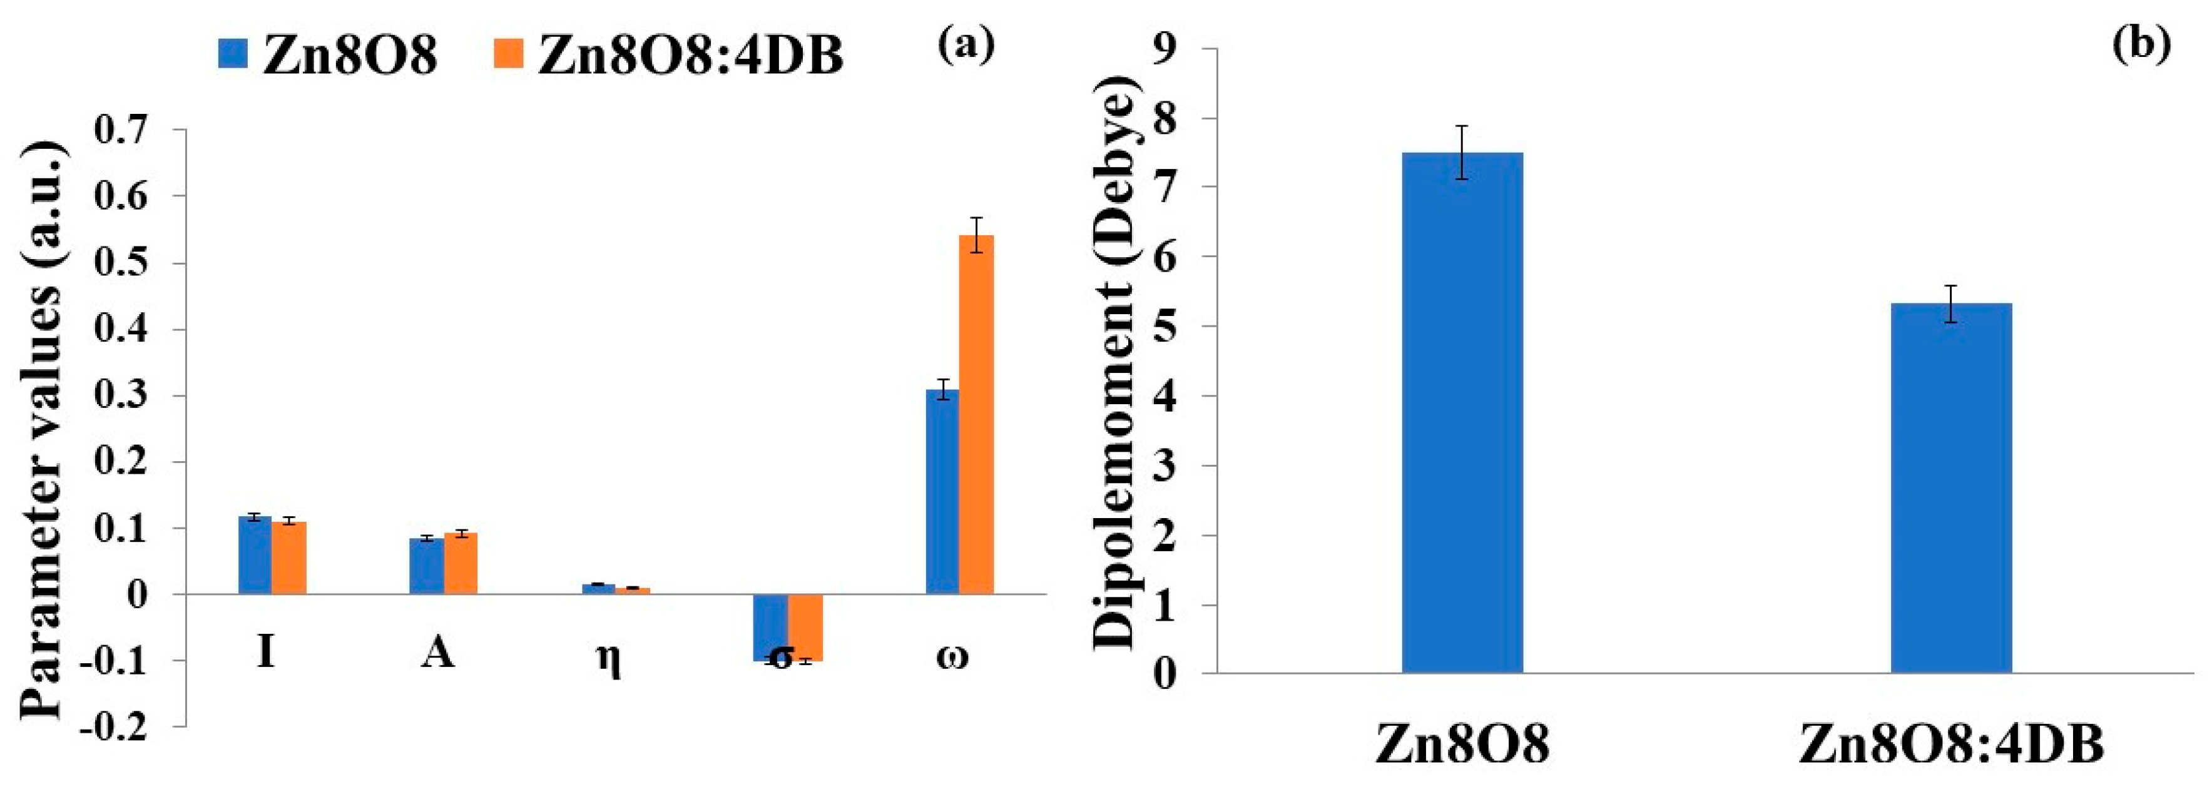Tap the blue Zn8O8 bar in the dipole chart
point(1462,413)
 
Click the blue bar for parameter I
point(255,556)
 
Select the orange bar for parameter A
point(461,564)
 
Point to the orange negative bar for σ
point(805,627)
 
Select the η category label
point(608,659)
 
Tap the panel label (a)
point(966,43)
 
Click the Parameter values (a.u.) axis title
point(43,429)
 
